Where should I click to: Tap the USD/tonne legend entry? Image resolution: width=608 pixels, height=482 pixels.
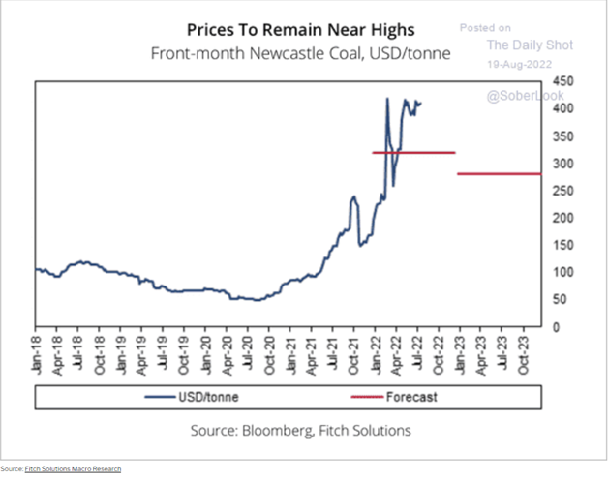203,396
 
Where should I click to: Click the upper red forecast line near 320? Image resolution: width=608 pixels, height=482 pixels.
413,152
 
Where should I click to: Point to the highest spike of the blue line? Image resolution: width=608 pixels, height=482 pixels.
387,98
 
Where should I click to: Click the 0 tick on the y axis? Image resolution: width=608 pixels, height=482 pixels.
556,327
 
